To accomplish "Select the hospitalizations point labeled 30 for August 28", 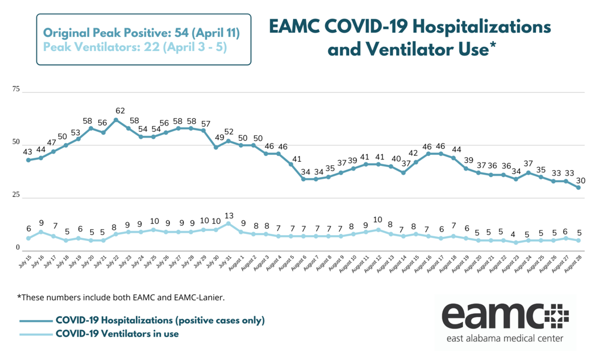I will coord(578,187).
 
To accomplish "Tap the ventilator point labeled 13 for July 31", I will coord(229,223).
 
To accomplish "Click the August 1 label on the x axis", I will coord(233,261).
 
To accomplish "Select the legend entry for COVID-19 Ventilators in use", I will coord(117,334).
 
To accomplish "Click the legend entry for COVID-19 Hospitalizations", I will coord(160,320).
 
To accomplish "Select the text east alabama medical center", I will coord(503,339).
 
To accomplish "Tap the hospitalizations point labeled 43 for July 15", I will coord(28,159).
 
